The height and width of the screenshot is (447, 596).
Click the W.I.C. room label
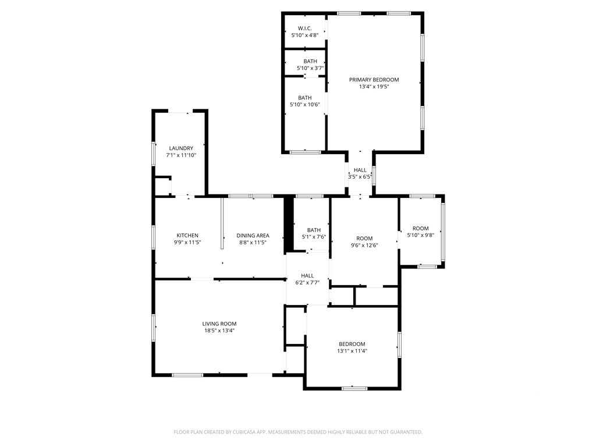(304, 28)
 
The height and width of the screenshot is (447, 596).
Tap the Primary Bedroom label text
(374, 79)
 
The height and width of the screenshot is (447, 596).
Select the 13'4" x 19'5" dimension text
(374, 87)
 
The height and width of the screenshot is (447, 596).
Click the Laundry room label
(181, 148)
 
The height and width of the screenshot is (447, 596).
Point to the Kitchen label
(187, 235)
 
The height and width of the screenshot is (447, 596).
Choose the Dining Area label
(253, 235)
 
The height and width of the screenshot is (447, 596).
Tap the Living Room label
(219, 324)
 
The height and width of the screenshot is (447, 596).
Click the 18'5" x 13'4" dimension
(219, 331)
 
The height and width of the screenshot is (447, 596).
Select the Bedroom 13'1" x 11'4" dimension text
(352, 351)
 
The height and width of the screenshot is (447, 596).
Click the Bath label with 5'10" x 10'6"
(305, 98)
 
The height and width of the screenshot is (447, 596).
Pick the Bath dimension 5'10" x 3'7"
(310, 69)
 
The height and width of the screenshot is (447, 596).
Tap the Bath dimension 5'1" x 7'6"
(314, 237)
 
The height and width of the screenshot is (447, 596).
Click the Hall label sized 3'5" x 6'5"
(360, 170)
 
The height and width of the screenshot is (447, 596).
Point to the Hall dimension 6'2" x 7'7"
(307, 282)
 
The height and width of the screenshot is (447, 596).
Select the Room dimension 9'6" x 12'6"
(364, 245)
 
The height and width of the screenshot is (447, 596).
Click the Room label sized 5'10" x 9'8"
(420, 228)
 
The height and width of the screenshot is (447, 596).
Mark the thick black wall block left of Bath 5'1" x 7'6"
(289, 223)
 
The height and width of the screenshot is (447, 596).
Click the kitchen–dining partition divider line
(222, 223)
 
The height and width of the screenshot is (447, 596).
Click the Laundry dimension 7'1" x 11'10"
(181, 155)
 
